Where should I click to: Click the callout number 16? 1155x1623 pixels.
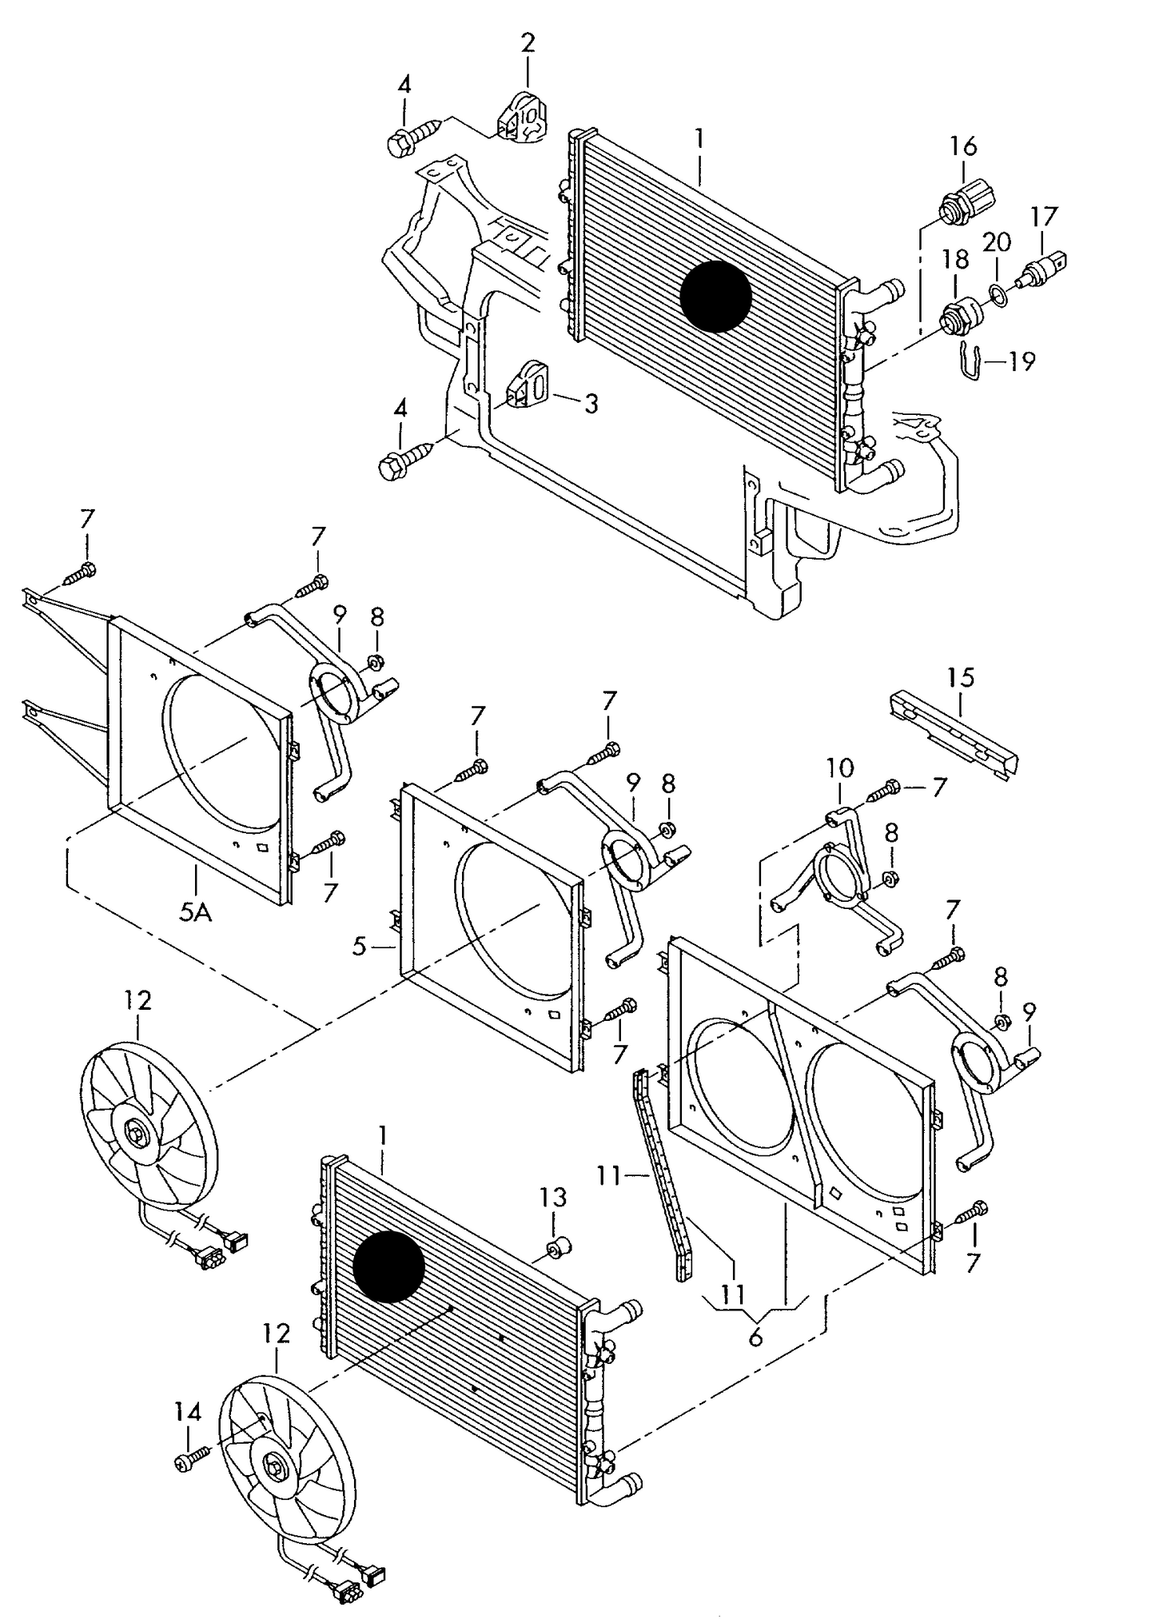[963, 146]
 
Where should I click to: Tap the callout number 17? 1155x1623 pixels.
[1043, 217]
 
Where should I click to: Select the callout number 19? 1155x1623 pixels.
[1021, 361]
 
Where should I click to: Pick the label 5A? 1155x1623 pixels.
[195, 911]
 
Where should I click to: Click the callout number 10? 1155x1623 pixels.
[840, 769]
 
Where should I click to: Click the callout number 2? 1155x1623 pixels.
[528, 43]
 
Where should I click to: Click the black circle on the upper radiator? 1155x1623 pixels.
[716, 297]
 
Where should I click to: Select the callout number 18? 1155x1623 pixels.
[955, 259]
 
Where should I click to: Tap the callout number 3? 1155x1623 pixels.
[591, 404]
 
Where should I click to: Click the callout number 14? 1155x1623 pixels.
[188, 1414]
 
